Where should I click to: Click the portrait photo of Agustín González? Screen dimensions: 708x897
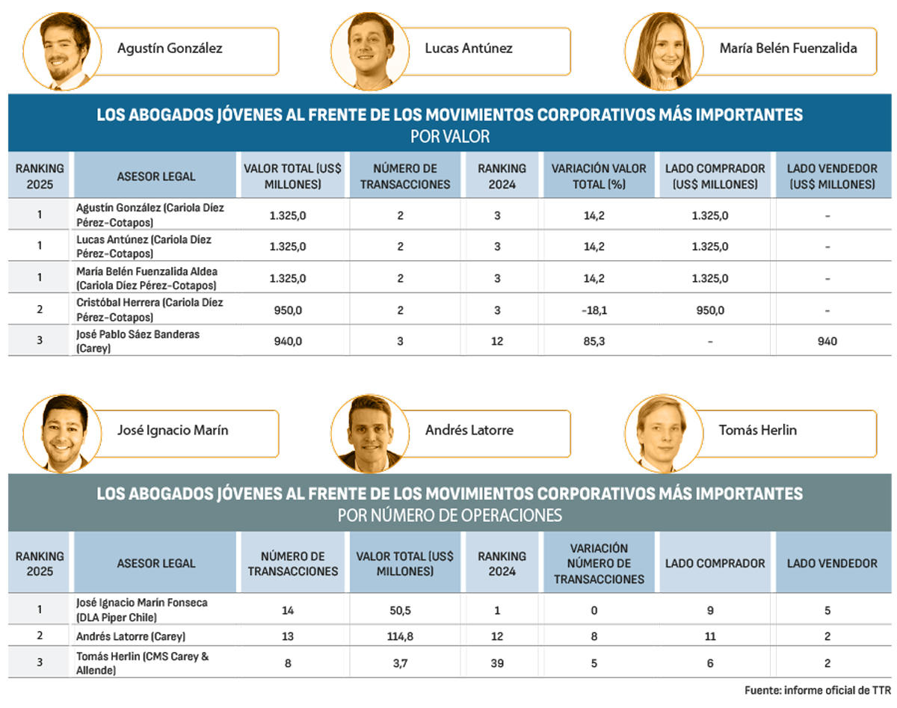tap(58, 51)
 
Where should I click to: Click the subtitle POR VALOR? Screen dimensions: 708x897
tap(449, 137)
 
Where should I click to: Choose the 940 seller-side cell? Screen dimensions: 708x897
tap(827, 342)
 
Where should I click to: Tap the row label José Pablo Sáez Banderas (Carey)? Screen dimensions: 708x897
tap(138, 341)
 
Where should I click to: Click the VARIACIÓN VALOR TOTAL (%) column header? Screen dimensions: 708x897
tap(598, 176)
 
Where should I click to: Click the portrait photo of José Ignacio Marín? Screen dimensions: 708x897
tap(58, 433)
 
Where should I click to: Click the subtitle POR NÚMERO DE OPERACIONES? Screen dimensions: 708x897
tap(449, 515)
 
